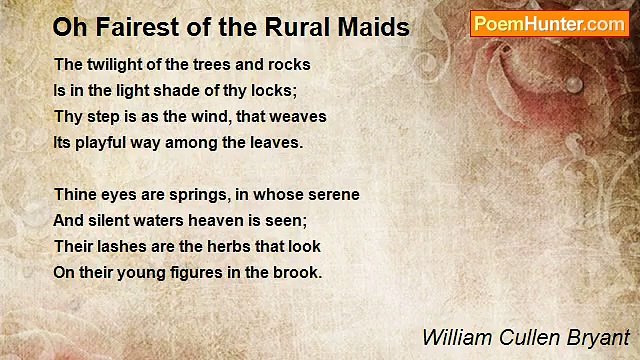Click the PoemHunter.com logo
549,24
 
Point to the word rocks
288,64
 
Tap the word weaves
299,116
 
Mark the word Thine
75,194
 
